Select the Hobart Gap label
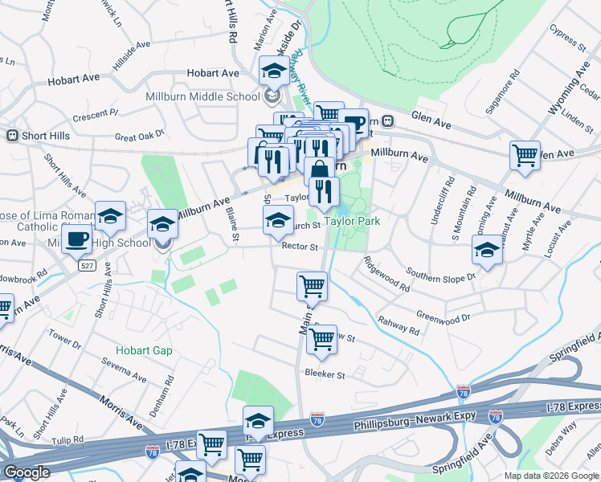tap(144, 350)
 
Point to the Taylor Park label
tap(350, 220)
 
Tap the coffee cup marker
tap(77, 239)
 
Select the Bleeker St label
tap(325, 374)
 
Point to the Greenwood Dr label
tap(444, 318)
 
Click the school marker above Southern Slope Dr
tap(487, 251)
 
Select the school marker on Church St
tap(278, 220)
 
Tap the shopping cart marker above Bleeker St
tap(321, 338)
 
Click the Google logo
tap(27, 472)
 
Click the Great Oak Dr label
tap(139, 136)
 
